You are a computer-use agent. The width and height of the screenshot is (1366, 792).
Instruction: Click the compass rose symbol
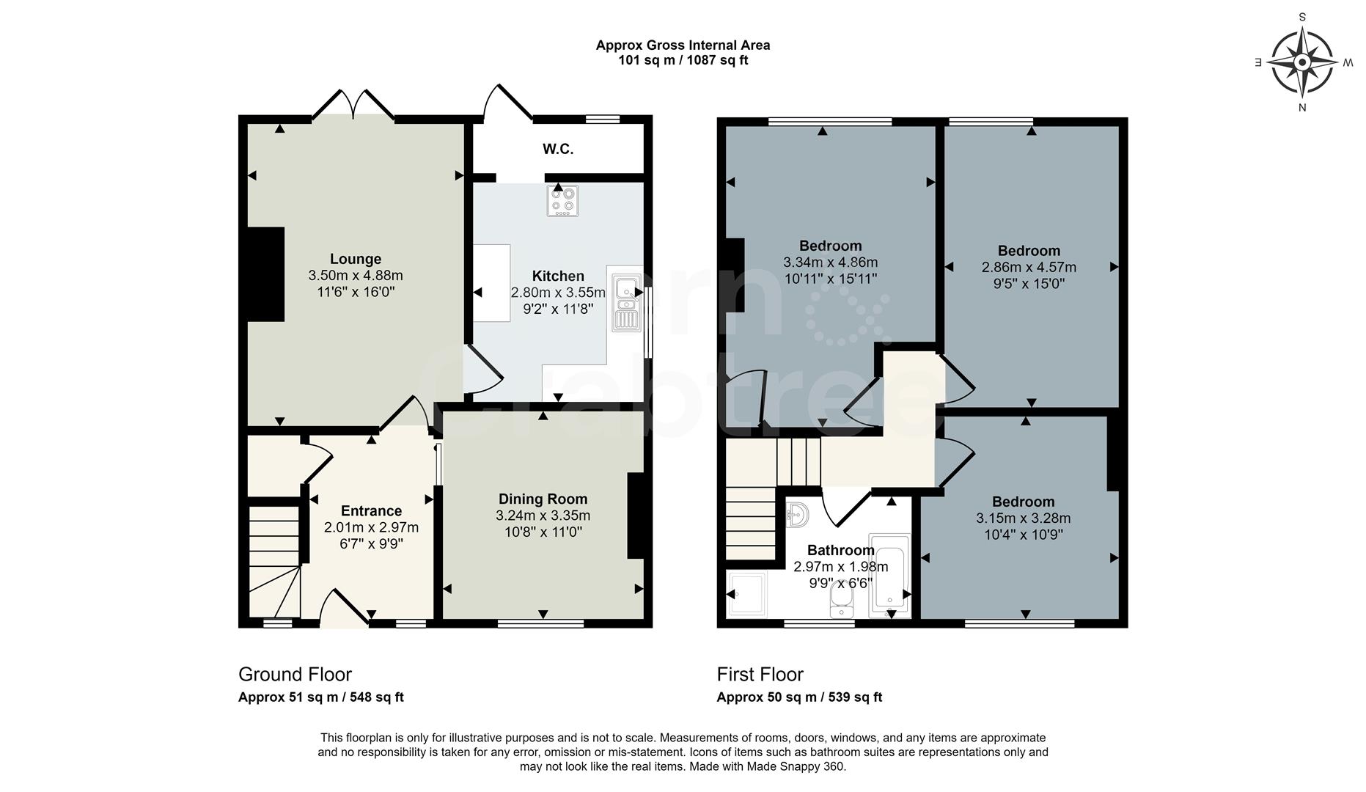[1301, 62]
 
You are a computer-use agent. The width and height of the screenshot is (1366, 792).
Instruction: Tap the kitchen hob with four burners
[562, 200]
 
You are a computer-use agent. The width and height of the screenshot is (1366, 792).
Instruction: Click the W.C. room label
[558, 150]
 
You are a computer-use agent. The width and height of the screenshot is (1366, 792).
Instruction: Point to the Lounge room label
[356, 259]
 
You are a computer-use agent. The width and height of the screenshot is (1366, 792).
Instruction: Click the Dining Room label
[543, 499]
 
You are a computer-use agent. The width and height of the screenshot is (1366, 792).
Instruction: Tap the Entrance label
[372, 511]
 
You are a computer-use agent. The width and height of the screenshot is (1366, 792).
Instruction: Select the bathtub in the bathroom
[889, 576]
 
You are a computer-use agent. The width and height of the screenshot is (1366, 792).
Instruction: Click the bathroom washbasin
[797, 515]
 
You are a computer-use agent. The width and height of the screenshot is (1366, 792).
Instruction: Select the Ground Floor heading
[295, 675]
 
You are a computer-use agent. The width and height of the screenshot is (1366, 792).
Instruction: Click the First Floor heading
[760, 675]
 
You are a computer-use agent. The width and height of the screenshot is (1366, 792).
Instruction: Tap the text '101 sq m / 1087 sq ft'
[683, 60]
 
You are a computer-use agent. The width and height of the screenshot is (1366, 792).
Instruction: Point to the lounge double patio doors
[353, 104]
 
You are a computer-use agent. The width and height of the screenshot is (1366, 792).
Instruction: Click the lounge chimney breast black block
[265, 274]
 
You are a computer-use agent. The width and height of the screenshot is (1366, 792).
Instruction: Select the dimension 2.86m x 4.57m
[1029, 268]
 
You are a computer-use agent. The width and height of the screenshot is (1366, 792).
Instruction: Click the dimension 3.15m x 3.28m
[1024, 518]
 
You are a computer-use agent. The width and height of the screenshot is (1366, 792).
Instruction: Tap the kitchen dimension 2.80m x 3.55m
[559, 293]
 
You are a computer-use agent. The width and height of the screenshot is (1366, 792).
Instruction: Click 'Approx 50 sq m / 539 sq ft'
[799, 697]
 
